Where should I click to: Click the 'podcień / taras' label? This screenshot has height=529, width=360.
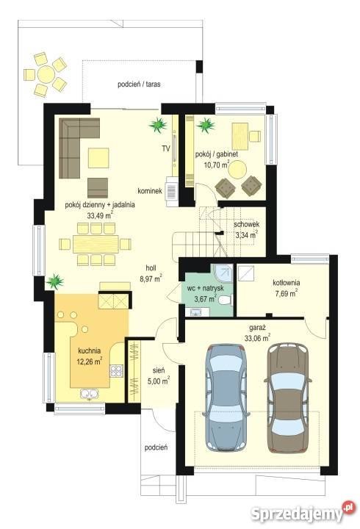pos(139,84)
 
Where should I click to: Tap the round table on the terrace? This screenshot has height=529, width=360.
pos(46,74)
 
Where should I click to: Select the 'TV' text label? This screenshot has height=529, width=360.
pos(165,148)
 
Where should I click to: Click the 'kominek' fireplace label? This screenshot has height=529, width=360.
pos(150,191)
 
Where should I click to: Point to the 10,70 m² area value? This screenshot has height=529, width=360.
pos(217,165)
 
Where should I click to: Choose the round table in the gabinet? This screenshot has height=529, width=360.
pos(237,170)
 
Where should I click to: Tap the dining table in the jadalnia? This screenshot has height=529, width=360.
pos(96,244)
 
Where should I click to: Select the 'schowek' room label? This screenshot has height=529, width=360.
pos(247,224)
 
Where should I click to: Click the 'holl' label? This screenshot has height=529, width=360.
pos(151,268)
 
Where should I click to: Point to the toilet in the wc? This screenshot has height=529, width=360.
pos(225,300)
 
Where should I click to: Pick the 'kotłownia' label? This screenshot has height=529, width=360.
pos(286,283)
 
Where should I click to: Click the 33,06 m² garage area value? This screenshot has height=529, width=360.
pos(257,338)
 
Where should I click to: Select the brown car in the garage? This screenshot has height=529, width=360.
pos(288,397)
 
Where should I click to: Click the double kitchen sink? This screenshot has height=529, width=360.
pos(89,394)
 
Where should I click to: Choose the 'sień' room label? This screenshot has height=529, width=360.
pos(159,371)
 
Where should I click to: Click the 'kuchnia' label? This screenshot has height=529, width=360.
pos(90,351)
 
